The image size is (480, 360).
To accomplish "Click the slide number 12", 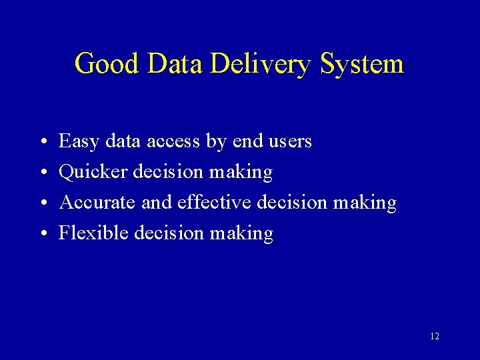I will tap(435, 337).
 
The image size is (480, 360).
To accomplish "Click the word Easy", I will tap(78, 141).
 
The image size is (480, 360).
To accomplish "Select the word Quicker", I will tap(93, 172).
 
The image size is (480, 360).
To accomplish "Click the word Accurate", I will tap(97, 203).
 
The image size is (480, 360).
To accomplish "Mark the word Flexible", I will tap(93, 233).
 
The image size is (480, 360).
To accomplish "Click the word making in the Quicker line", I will tap(241, 173).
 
